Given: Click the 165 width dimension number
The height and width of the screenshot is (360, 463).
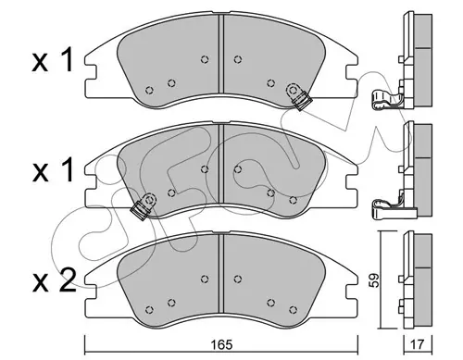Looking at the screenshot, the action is pyautogui.click(x=222, y=344).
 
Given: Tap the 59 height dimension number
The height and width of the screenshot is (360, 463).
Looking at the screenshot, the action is pyautogui.click(x=375, y=280).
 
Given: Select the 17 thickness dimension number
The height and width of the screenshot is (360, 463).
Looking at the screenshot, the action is pyautogui.click(x=418, y=344).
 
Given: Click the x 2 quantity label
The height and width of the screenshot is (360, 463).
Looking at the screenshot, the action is pyautogui.click(x=54, y=280).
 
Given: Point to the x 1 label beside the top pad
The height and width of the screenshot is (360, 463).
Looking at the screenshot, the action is pyautogui.click(x=53, y=60).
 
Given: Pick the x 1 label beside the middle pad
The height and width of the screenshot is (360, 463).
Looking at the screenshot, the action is pyautogui.click(x=53, y=170).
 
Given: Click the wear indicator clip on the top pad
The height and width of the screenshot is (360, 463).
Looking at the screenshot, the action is pyautogui.click(x=298, y=96).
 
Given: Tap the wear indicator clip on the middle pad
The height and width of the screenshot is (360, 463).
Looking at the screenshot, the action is pyautogui.click(x=144, y=206).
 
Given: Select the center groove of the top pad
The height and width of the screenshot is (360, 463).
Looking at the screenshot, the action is pyautogui.click(x=220, y=54).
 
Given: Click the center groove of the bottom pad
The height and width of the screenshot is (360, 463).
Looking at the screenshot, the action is pyautogui.click(x=220, y=273).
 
